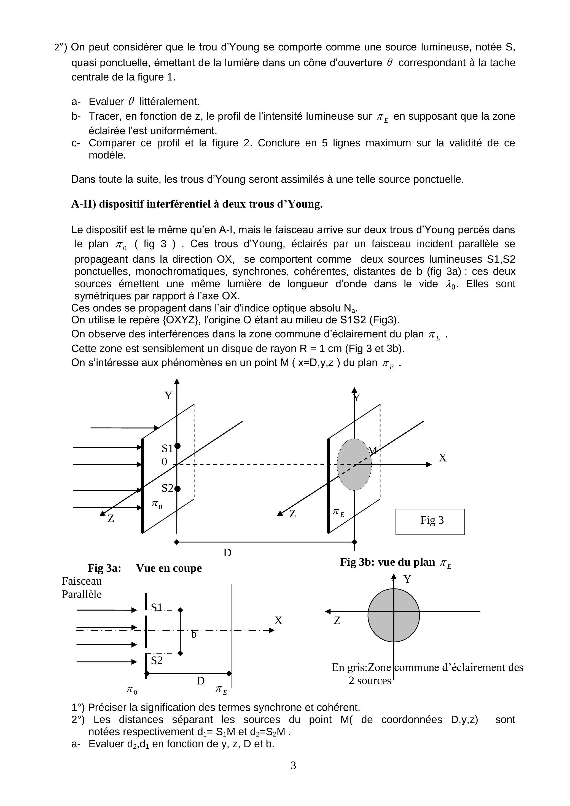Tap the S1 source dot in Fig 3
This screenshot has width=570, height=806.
177,446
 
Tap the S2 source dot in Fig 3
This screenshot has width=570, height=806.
177,489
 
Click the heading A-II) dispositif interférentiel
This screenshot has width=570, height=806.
197,204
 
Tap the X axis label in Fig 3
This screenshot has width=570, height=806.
443,458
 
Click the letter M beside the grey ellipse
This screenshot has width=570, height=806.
373,451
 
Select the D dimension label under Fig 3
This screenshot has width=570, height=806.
227,553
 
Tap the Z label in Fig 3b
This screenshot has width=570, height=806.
337,621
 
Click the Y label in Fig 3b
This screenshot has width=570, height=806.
407,579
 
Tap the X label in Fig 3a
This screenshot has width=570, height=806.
278,621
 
